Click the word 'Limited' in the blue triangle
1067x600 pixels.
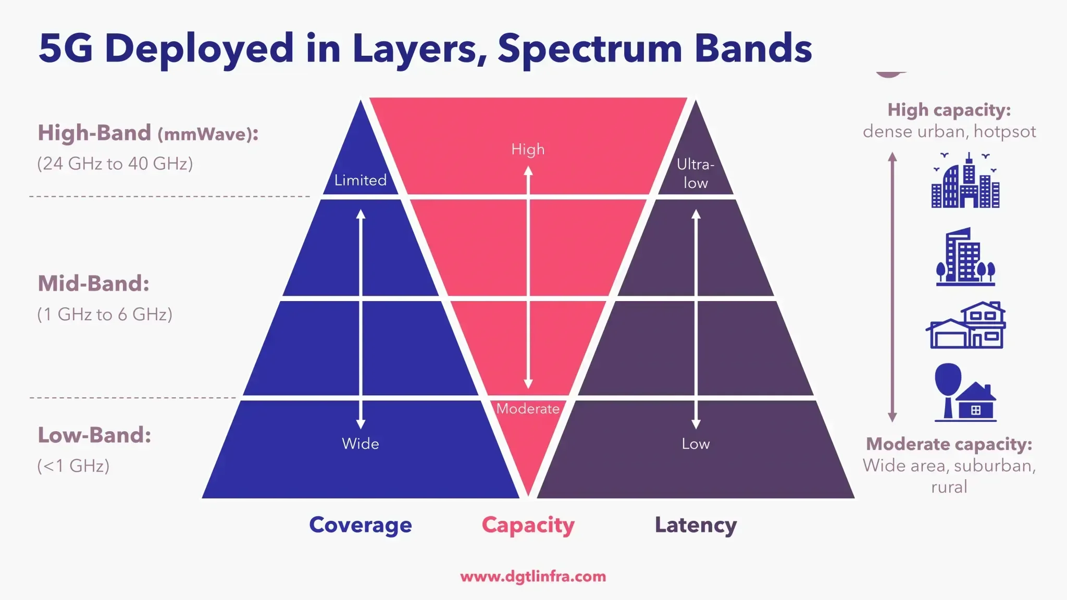click(x=360, y=180)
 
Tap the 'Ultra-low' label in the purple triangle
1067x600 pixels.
click(x=696, y=173)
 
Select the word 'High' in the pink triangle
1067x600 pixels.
click(x=528, y=149)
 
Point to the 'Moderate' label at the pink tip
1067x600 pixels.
click(x=528, y=409)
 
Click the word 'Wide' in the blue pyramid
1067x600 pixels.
click(x=360, y=444)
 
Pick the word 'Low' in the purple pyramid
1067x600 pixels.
click(x=696, y=444)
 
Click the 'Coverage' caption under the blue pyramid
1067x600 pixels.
click(x=360, y=525)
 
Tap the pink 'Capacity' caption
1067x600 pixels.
click(x=528, y=525)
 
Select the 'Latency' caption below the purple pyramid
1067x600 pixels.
click(x=696, y=525)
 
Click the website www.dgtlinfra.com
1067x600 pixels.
click(x=533, y=577)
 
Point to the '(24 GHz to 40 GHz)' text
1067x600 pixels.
click(x=115, y=164)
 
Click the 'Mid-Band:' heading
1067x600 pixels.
click(x=94, y=284)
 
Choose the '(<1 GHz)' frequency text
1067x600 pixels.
click(x=73, y=466)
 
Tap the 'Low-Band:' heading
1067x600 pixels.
click(x=94, y=435)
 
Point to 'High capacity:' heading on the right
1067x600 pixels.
click(x=949, y=110)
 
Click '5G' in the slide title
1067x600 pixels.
click(x=66, y=48)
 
